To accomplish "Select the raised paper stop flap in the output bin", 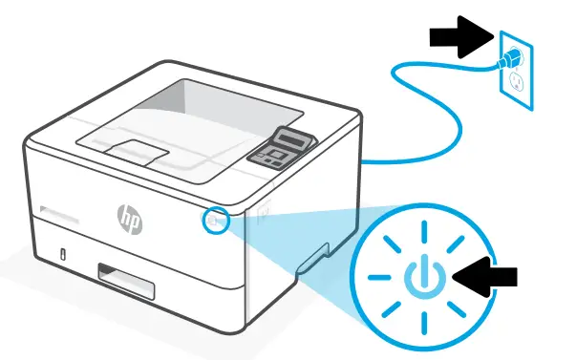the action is coord(134,149).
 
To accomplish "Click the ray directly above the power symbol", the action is coord(422,227).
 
